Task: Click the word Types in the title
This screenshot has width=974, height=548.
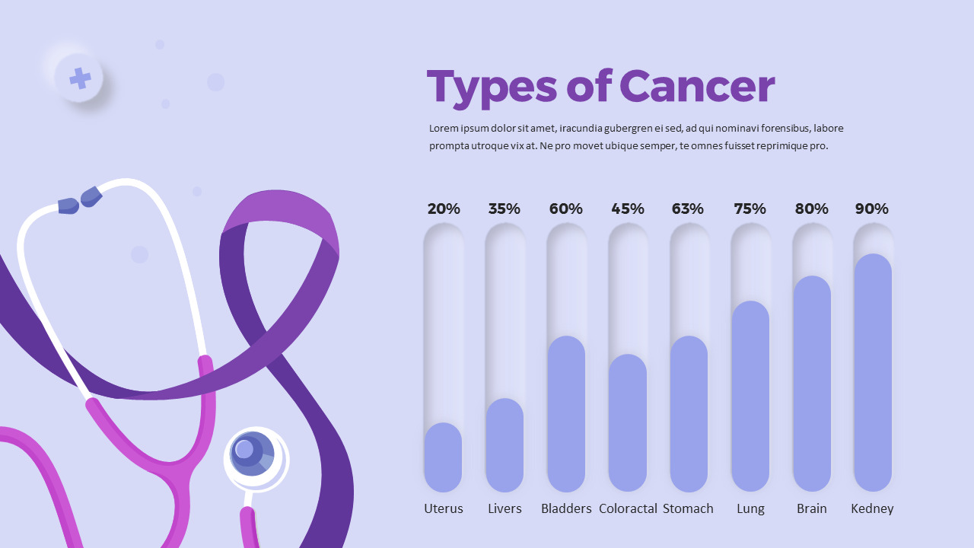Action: click(x=492, y=88)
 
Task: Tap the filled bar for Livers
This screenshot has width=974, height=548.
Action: click(x=505, y=445)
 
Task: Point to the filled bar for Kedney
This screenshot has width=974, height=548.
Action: click(x=872, y=373)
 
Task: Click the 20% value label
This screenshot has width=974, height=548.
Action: click(x=444, y=209)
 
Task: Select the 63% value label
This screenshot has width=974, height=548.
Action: click(x=688, y=209)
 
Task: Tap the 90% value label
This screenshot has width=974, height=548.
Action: click(x=871, y=209)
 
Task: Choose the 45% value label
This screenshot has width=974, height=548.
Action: click(x=627, y=209)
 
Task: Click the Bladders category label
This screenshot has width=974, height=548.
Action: click(x=566, y=508)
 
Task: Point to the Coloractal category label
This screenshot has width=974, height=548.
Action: click(x=628, y=508)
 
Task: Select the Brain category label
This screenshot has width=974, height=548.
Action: click(x=811, y=508)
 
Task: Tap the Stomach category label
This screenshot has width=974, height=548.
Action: click(x=688, y=508)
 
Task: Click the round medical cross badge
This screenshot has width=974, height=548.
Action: click(x=79, y=78)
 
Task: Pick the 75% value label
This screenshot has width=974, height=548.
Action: click(x=750, y=209)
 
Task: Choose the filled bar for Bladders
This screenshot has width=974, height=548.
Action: click(x=566, y=414)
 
